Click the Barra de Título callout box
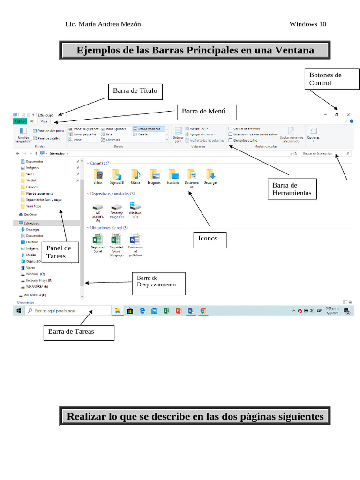[135, 91]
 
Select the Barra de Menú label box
[207, 112]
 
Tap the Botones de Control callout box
[332, 79]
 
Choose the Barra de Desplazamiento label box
[158, 284]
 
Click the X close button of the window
[348, 114]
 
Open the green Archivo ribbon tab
[20, 121]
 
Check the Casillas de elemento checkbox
[230, 128]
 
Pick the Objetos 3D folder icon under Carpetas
[116, 175]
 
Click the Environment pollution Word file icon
[135, 239]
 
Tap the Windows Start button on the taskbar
[19, 310]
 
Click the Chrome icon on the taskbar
[203, 310]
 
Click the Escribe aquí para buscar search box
[66, 310]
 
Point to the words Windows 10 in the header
[307, 24]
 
